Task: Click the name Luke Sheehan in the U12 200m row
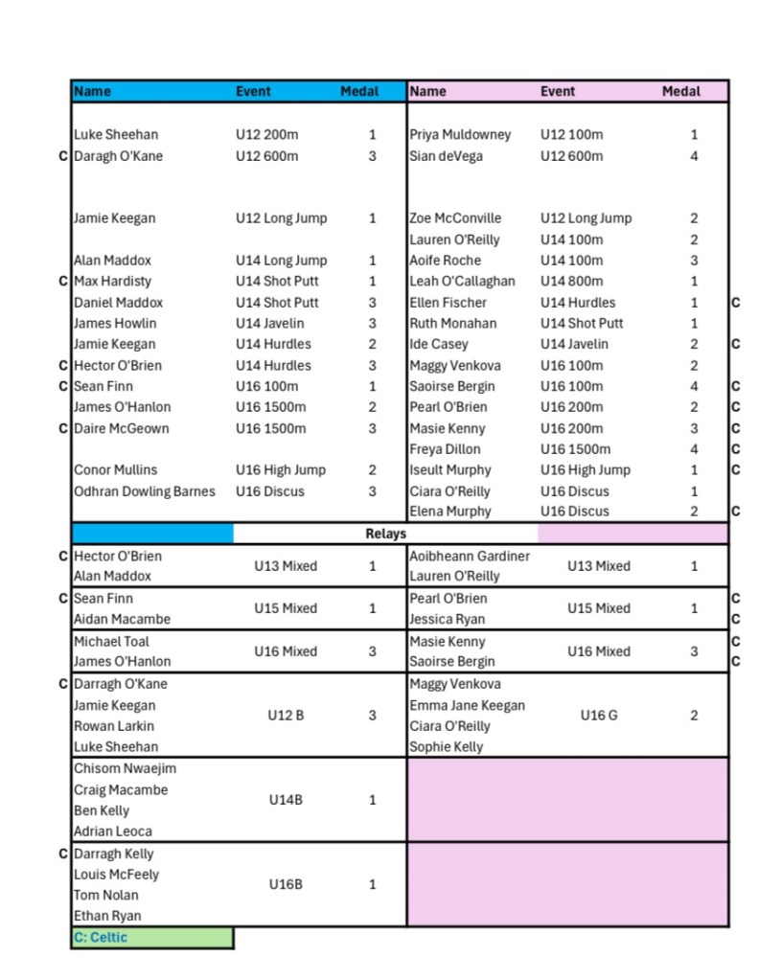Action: tap(116, 135)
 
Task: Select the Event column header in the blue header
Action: tap(253, 92)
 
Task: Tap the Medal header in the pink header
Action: tap(680, 92)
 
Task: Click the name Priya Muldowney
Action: tap(460, 135)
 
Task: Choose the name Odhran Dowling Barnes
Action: tap(145, 491)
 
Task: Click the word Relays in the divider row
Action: tap(385, 534)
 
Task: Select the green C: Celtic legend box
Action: tap(151, 938)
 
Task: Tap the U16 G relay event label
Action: tap(598, 715)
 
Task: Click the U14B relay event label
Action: tap(286, 800)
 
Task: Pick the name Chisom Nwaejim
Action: tap(125, 768)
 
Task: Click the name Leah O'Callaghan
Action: tap(462, 281)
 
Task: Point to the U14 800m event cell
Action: tap(572, 281)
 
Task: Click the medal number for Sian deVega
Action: tap(694, 156)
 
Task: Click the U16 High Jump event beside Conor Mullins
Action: tap(281, 469)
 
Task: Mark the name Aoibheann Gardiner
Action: tap(470, 556)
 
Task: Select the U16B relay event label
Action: tap(286, 884)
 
